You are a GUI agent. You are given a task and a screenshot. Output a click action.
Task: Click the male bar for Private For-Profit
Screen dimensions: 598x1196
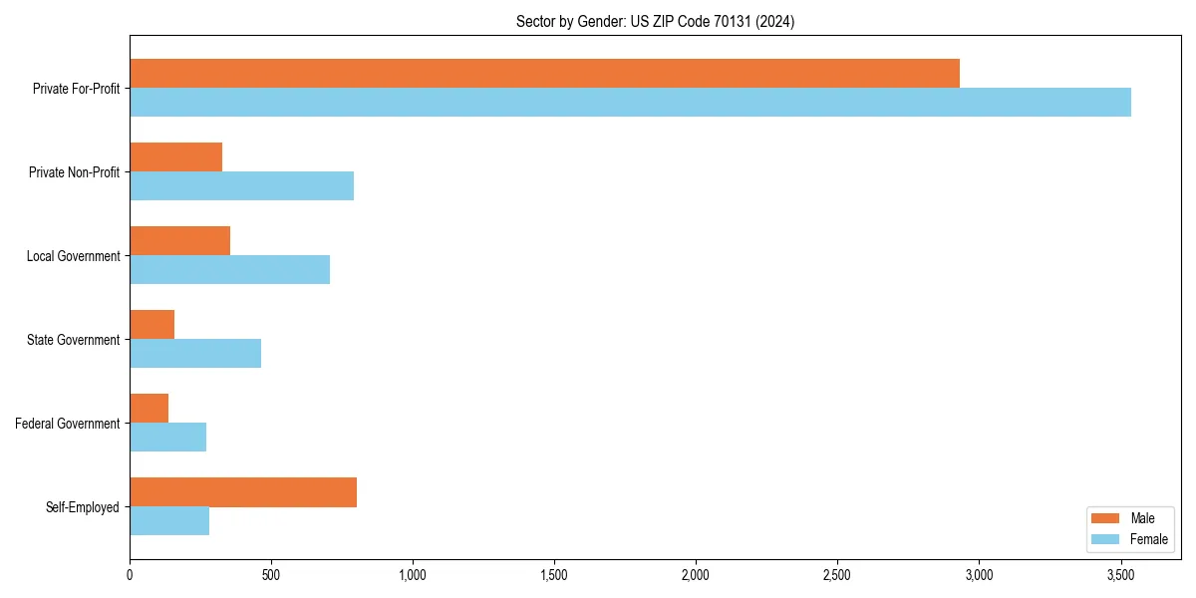tap(544, 73)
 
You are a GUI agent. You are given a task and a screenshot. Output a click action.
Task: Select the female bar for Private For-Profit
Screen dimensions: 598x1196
tap(630, 102)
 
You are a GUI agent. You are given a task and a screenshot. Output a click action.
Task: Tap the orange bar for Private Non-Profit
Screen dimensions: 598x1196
tap(175, 157)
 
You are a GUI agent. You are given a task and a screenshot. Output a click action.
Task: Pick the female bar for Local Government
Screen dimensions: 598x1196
tap(229, 269)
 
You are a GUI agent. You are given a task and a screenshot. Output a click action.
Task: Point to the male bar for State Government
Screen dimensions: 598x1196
tap(151, 325)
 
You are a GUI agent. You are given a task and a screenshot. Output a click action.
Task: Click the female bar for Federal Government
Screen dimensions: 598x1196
tap(167, 437)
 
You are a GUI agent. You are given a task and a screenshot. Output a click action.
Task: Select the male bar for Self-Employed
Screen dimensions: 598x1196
tap(243, 492)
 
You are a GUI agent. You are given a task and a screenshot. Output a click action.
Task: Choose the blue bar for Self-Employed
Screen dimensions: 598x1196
tap(169, 520)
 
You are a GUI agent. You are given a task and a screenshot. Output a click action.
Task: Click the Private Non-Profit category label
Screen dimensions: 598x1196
tap(74, 172)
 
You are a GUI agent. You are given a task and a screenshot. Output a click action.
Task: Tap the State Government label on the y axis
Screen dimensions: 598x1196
tap(74, 340)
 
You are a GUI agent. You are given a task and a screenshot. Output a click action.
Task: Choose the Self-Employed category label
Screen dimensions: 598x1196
tap(83, 507)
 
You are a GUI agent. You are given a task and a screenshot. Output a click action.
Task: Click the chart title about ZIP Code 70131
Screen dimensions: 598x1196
tap(655, 21)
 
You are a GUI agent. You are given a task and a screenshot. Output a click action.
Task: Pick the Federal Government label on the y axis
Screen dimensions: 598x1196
tap(68, 424)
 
